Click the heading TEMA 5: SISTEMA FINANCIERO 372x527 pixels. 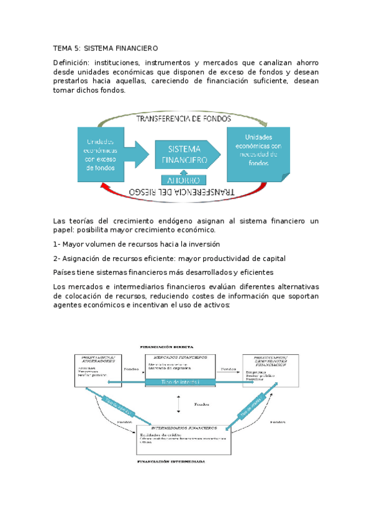[106, 48]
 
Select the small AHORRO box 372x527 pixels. [183, 180]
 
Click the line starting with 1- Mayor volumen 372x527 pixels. [137, 244]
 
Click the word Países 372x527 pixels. [66, 272]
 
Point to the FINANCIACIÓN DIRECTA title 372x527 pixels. [166, 346]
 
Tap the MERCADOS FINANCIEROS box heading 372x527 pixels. [182, 357]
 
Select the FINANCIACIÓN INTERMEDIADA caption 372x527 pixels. [171, 462]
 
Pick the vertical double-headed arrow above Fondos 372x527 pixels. [178, 404]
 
